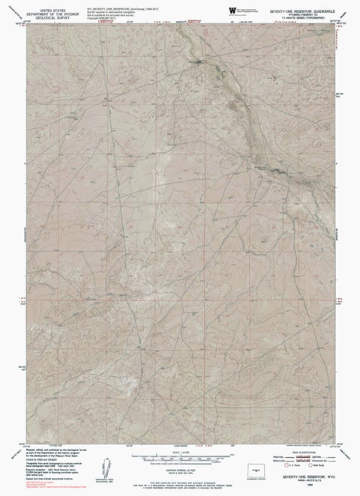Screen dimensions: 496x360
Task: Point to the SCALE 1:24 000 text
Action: pos(180,452)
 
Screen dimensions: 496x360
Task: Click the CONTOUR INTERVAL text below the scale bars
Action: pos(180,469)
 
